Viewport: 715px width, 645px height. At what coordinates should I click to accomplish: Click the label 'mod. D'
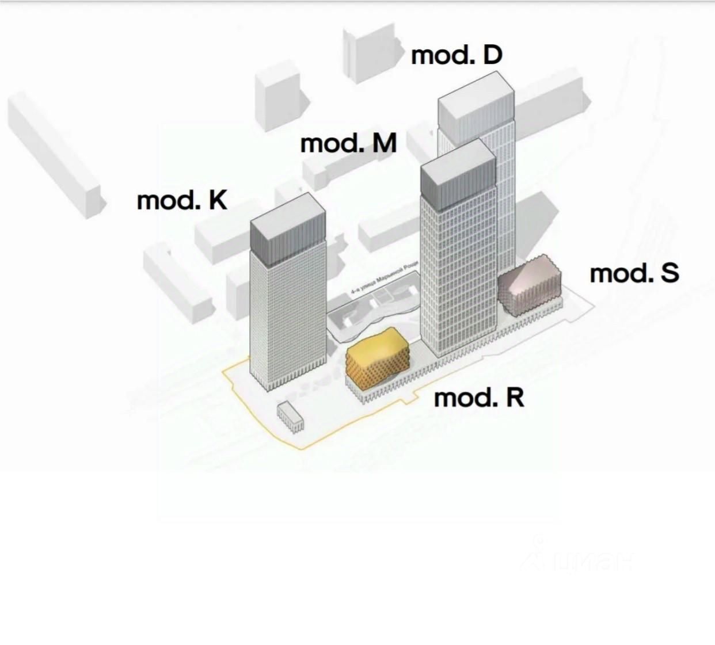tap(457, 55)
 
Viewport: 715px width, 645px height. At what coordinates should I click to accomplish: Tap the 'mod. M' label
tap(348, 143)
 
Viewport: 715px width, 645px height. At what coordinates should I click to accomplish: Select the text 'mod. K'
tap(182, 201)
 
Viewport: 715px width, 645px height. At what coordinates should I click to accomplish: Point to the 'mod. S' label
tap(634, 273)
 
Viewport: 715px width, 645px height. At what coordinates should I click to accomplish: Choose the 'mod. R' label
tap(479, 398)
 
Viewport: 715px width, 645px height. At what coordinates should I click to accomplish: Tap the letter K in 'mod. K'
tap(217, 201)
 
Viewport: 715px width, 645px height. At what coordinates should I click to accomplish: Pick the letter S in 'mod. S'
tap(670, 273)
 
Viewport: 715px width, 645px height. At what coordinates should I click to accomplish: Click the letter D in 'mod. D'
tap(492, 55)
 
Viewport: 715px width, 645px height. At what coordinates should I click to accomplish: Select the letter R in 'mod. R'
tap(514, 398)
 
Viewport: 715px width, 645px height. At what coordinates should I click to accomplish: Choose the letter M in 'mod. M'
tap(385, 143)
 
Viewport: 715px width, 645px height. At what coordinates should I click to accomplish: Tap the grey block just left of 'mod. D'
tap(371, 55)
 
